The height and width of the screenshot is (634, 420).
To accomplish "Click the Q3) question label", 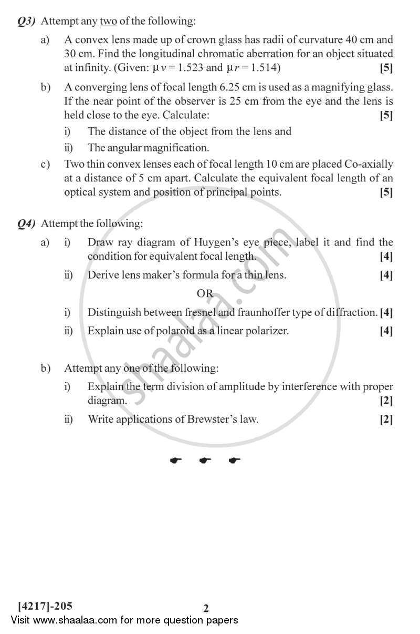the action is (x=26, y=22).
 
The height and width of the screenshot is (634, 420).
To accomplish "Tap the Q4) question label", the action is (x=26, y=224).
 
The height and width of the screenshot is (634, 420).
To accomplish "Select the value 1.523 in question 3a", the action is (x=189, y=67).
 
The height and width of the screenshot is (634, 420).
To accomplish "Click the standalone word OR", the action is (x=205, y=293).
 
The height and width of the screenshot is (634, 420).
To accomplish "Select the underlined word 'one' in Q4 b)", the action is (x=131, y=368).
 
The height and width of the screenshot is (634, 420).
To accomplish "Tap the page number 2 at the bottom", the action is (x=206, y=608).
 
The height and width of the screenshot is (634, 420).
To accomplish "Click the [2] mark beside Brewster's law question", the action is (x=386, y=420).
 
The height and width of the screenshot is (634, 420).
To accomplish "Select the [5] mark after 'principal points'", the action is (x=386, y=192).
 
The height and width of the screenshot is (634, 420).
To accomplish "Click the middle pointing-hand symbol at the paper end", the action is (x=205, y=461).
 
